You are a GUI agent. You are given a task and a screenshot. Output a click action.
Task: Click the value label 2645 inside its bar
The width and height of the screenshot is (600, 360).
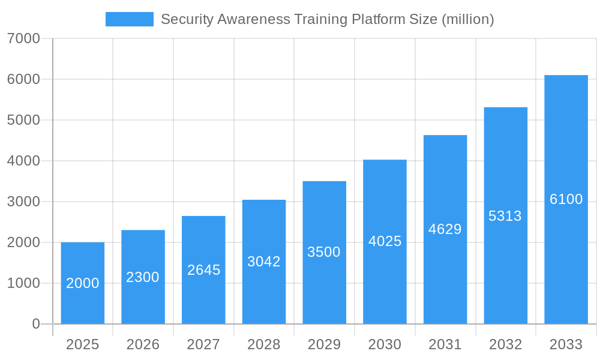coord(203,270)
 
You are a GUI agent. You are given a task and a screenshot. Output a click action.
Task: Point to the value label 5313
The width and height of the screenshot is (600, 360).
coord(505,216)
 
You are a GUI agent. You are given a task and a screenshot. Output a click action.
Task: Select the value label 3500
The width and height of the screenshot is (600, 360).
coord(324,252)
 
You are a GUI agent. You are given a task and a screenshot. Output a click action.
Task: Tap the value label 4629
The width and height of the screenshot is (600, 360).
coord(445,229)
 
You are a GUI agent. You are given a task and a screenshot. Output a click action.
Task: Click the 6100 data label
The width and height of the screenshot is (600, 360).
coord(566,199)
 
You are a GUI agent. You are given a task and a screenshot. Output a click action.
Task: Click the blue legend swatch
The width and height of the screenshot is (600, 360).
coord(129,19)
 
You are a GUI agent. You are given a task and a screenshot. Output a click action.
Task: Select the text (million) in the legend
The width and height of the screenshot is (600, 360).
coord(467,19)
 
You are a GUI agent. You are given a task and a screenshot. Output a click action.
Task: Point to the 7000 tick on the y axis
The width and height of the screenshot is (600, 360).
coord(23,38)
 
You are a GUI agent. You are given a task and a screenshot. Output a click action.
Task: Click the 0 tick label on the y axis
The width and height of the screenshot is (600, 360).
coord(35,324)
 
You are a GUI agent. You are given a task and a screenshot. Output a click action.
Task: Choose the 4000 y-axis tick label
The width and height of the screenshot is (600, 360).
coord(23,161)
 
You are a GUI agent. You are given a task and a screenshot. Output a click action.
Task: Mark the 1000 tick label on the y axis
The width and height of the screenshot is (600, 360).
coord(23,283)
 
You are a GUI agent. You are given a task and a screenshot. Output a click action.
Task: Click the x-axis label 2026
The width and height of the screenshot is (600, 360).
coord(143,344)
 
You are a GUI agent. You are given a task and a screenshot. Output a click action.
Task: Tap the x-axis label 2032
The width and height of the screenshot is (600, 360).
coord(505,344)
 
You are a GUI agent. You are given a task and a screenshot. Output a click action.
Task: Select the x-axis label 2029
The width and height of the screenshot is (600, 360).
coord(324,344)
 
